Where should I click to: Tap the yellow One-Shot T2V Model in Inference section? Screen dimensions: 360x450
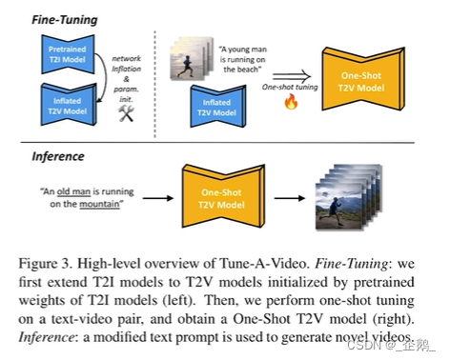click(221, 198)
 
